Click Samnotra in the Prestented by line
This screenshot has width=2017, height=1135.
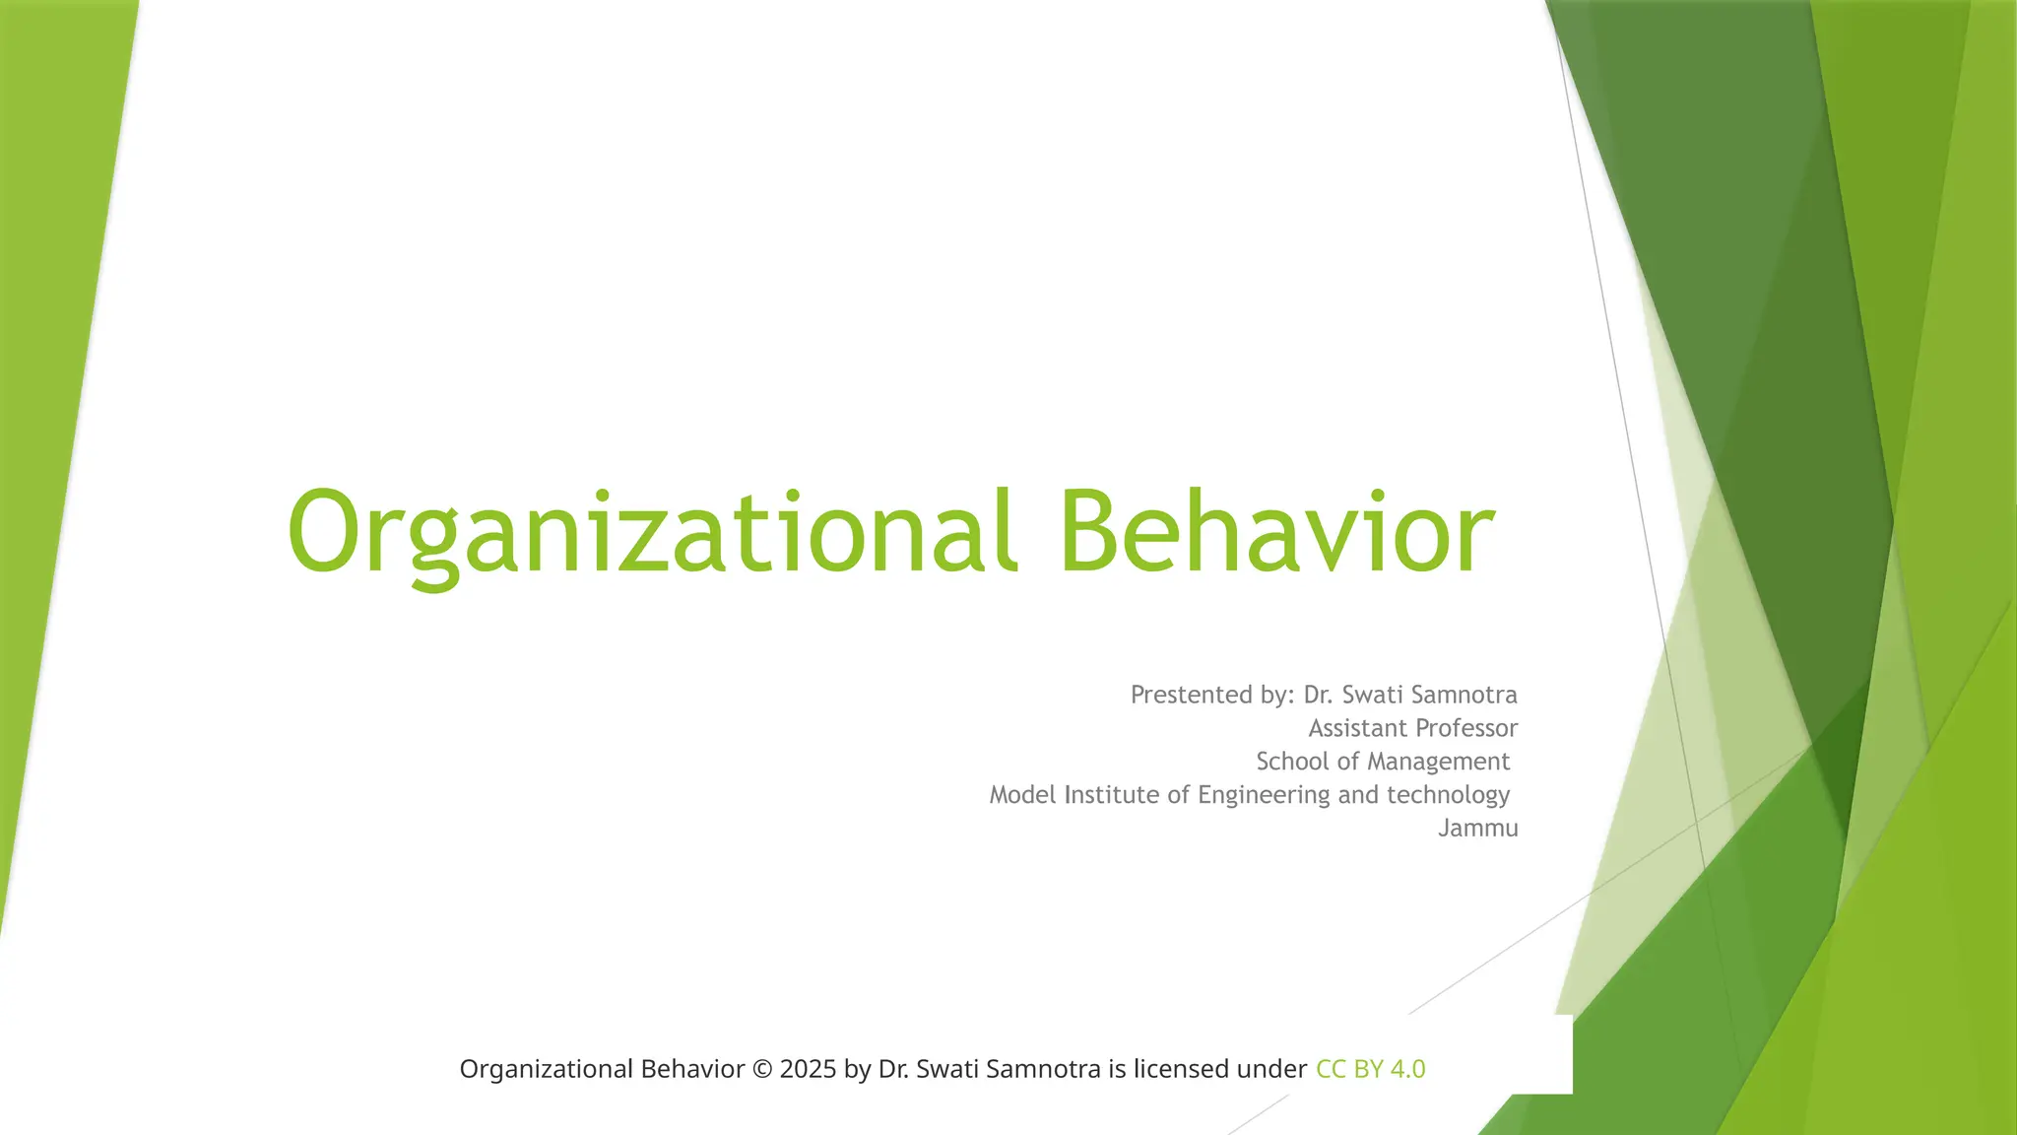[x=1464, y=695]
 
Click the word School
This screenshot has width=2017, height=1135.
[x=1292, y=762]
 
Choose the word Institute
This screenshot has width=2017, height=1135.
[x=1112, y=795]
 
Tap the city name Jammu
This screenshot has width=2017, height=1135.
[x=1477, y=829]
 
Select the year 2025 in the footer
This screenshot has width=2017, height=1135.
[x=807, y=1069]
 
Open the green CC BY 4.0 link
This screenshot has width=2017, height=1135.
[x=1370, y=1069]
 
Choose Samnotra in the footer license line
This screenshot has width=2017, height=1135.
[x=1043, y=1069]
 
